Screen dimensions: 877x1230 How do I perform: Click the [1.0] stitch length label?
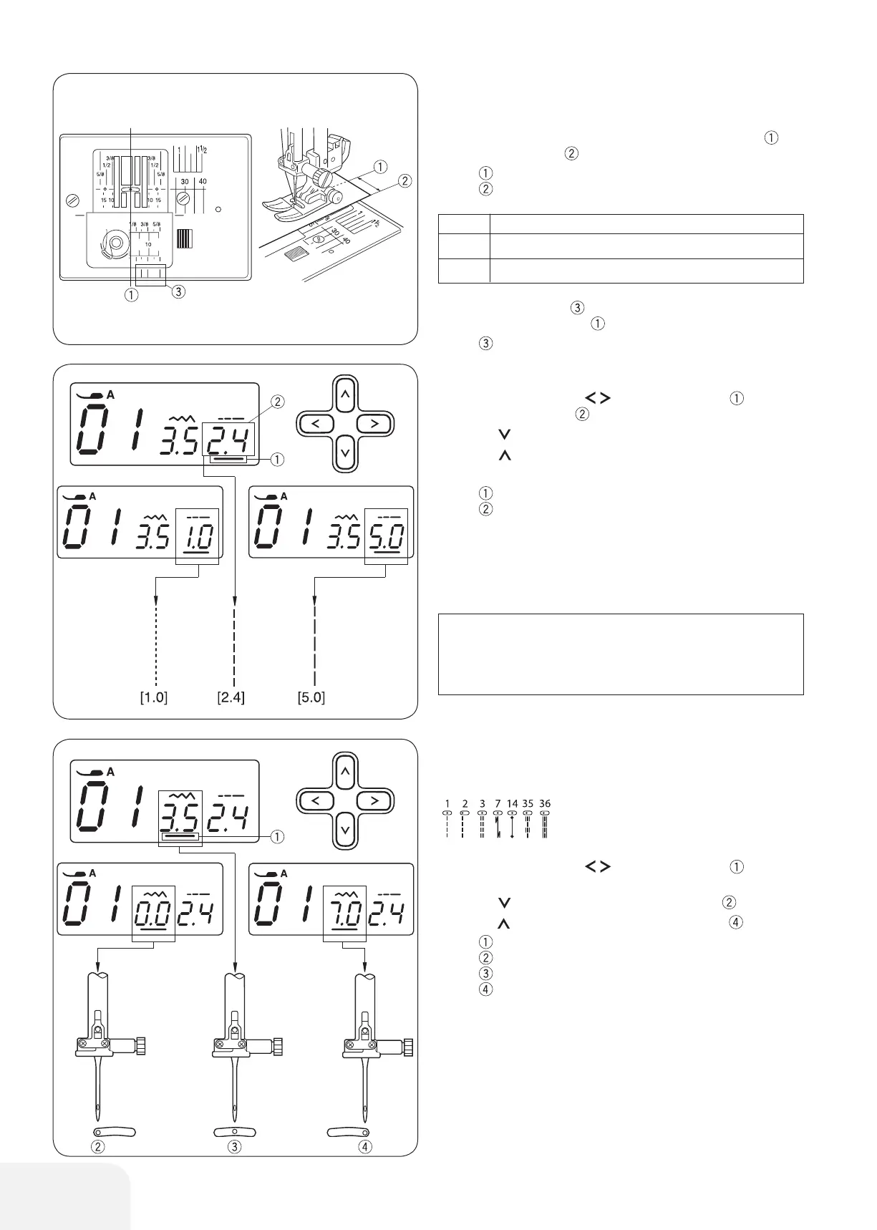154,697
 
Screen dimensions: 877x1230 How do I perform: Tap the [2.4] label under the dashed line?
231,697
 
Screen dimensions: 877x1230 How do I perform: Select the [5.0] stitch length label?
311,697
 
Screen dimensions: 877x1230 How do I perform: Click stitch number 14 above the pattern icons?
512,803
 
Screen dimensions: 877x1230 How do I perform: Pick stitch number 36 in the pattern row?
545,803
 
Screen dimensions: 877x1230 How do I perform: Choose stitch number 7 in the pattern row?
498,803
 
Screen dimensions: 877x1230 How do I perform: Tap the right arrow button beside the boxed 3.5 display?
374,800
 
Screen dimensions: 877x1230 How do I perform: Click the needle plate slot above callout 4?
348,1132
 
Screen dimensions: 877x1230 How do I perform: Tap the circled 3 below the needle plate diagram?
179,291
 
